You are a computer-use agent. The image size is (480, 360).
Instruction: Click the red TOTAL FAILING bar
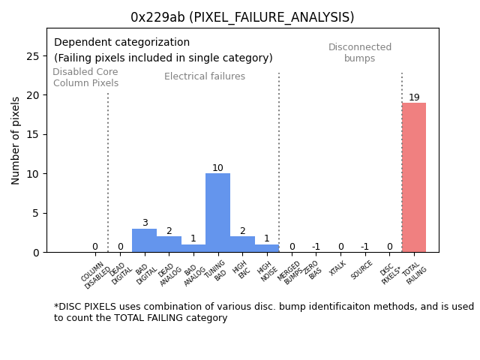[413, 178]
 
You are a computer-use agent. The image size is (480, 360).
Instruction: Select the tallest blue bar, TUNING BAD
[217, 213]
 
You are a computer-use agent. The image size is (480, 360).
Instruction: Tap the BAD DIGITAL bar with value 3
[144, 240]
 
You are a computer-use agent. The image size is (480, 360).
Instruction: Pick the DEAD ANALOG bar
[169, 244]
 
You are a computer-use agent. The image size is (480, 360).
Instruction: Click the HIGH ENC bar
[242, 244]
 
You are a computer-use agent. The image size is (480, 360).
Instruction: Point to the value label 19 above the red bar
[414, 97]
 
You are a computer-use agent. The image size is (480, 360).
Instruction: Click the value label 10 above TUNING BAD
[217, 168]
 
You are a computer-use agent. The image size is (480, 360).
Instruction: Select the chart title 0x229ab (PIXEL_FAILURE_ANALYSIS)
[242, 17]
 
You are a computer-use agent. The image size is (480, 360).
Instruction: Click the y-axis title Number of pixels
[16, 140]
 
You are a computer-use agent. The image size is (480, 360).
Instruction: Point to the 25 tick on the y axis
[34, 56]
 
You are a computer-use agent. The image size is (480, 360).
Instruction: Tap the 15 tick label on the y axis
[34, 135]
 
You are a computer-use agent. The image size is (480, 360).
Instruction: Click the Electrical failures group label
[205, 76]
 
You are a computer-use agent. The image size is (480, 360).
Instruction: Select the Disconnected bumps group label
[360, 52]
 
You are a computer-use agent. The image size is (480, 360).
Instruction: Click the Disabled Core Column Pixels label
[85, 77]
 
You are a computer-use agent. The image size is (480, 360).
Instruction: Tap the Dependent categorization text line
[121, 43]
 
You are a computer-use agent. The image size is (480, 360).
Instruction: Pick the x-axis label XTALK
[338, 268]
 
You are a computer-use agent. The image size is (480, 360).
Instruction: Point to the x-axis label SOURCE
[362, 269]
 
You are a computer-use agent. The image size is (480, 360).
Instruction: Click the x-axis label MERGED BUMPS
[290, 271]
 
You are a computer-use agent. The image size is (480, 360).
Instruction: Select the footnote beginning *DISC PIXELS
[263, 312]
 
